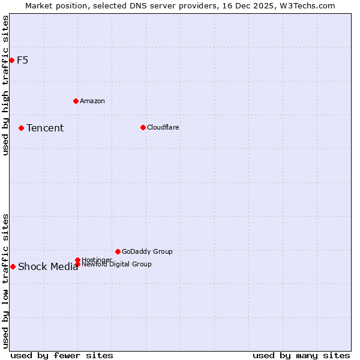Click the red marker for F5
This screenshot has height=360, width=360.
[11, 60]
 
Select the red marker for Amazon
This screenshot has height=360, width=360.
[76, 101]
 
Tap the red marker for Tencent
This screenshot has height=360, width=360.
[21, 128]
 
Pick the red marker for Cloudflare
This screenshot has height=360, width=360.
[143, 127]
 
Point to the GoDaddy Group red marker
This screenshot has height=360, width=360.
[118, 251]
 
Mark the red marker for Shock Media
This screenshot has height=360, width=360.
[13, 266]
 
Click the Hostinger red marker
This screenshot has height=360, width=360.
[77, 260]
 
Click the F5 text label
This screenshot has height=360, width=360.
[23, 60]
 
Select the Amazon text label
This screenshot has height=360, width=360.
[92, 101]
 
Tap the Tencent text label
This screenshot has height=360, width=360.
[45, 128]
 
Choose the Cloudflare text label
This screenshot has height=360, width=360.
[163, 127]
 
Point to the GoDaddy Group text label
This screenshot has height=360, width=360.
[147, 251]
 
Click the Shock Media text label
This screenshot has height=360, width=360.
[48, 267]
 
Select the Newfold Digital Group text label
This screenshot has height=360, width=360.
[117, 264]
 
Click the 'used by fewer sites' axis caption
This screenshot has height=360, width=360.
[62, 355]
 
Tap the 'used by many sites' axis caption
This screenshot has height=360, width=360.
[301, 355]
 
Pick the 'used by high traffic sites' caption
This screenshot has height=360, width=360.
[6, 85]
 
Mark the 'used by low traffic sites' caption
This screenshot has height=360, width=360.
[6, 281]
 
